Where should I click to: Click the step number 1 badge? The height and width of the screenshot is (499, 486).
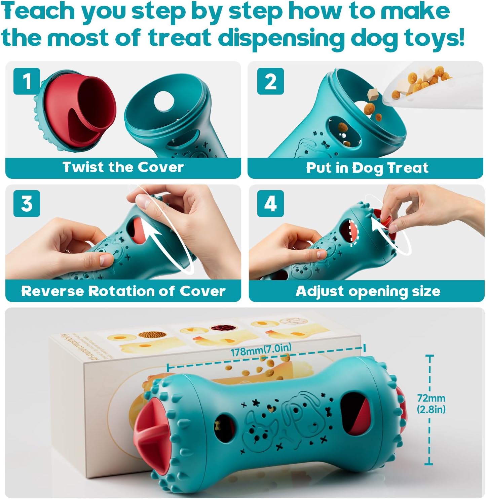pos(27,81)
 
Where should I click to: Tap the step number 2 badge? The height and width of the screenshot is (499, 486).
pos(270,81)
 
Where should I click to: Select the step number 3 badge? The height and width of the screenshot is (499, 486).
pos(27,204)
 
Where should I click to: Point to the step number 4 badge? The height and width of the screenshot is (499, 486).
pos(270,204)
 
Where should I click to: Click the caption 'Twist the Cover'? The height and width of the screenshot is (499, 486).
pos(123,167)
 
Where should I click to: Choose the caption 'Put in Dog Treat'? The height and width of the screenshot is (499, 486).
pos(367,167)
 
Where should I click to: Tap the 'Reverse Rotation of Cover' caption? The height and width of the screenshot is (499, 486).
pos(123,291)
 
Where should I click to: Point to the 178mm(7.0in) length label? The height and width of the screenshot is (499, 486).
pos(261,350)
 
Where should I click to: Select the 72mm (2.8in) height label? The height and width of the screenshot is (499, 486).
pos(431,404)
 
